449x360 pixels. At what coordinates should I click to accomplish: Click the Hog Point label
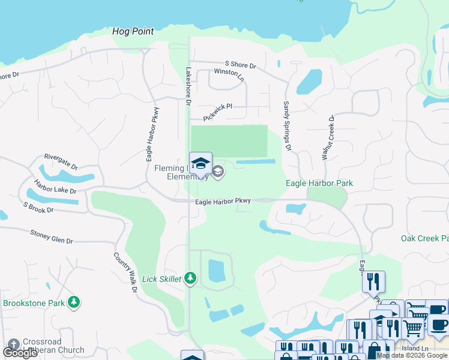pyautogui.click(x=133, y=31)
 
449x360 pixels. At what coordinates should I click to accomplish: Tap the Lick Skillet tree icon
pyautogui.click(x=190, y=278)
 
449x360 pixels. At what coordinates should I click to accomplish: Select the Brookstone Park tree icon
pyautogui.click(x=74, y=302)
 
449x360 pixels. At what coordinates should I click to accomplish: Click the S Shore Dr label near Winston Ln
pyautogui.click(x=240, y=64)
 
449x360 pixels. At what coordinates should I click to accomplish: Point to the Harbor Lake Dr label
pyautogui.click(x=55, y=186)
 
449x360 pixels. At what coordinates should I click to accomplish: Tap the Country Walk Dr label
pyautogui.click(x=125, y=272)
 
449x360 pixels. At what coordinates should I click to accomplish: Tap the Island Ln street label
pyautogui.click(x=415, y=348)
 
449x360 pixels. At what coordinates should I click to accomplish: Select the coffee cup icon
pyautogui.click(x=438, y=325)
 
